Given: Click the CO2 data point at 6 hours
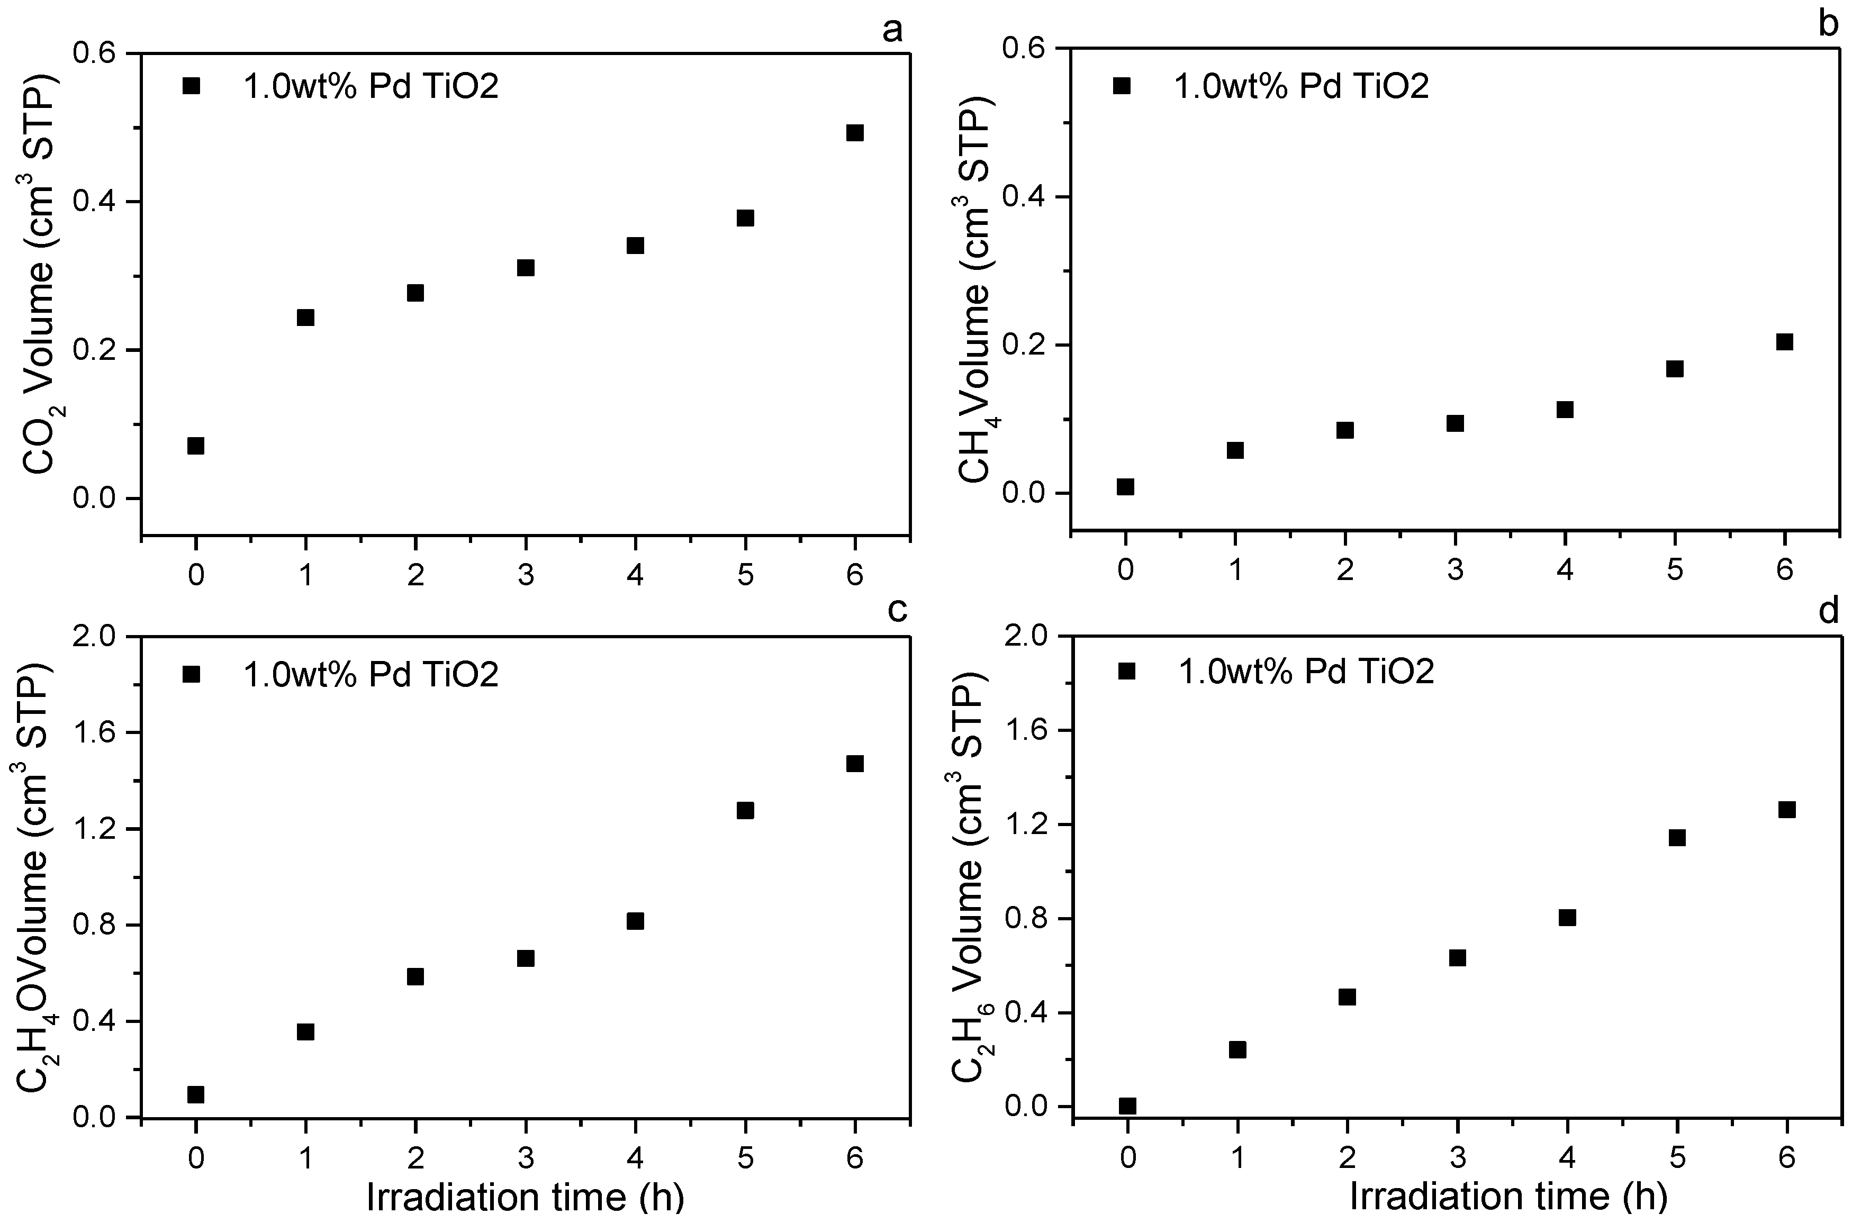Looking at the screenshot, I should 855,133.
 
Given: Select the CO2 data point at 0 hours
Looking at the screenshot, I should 196,446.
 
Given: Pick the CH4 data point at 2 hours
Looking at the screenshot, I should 1345,430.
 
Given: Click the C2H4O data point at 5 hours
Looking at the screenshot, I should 745,810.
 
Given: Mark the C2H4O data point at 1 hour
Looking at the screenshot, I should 306,1032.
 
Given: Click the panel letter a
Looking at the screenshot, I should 892,30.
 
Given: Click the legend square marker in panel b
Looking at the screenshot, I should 1122,86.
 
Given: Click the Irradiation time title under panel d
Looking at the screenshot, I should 1508,1197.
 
